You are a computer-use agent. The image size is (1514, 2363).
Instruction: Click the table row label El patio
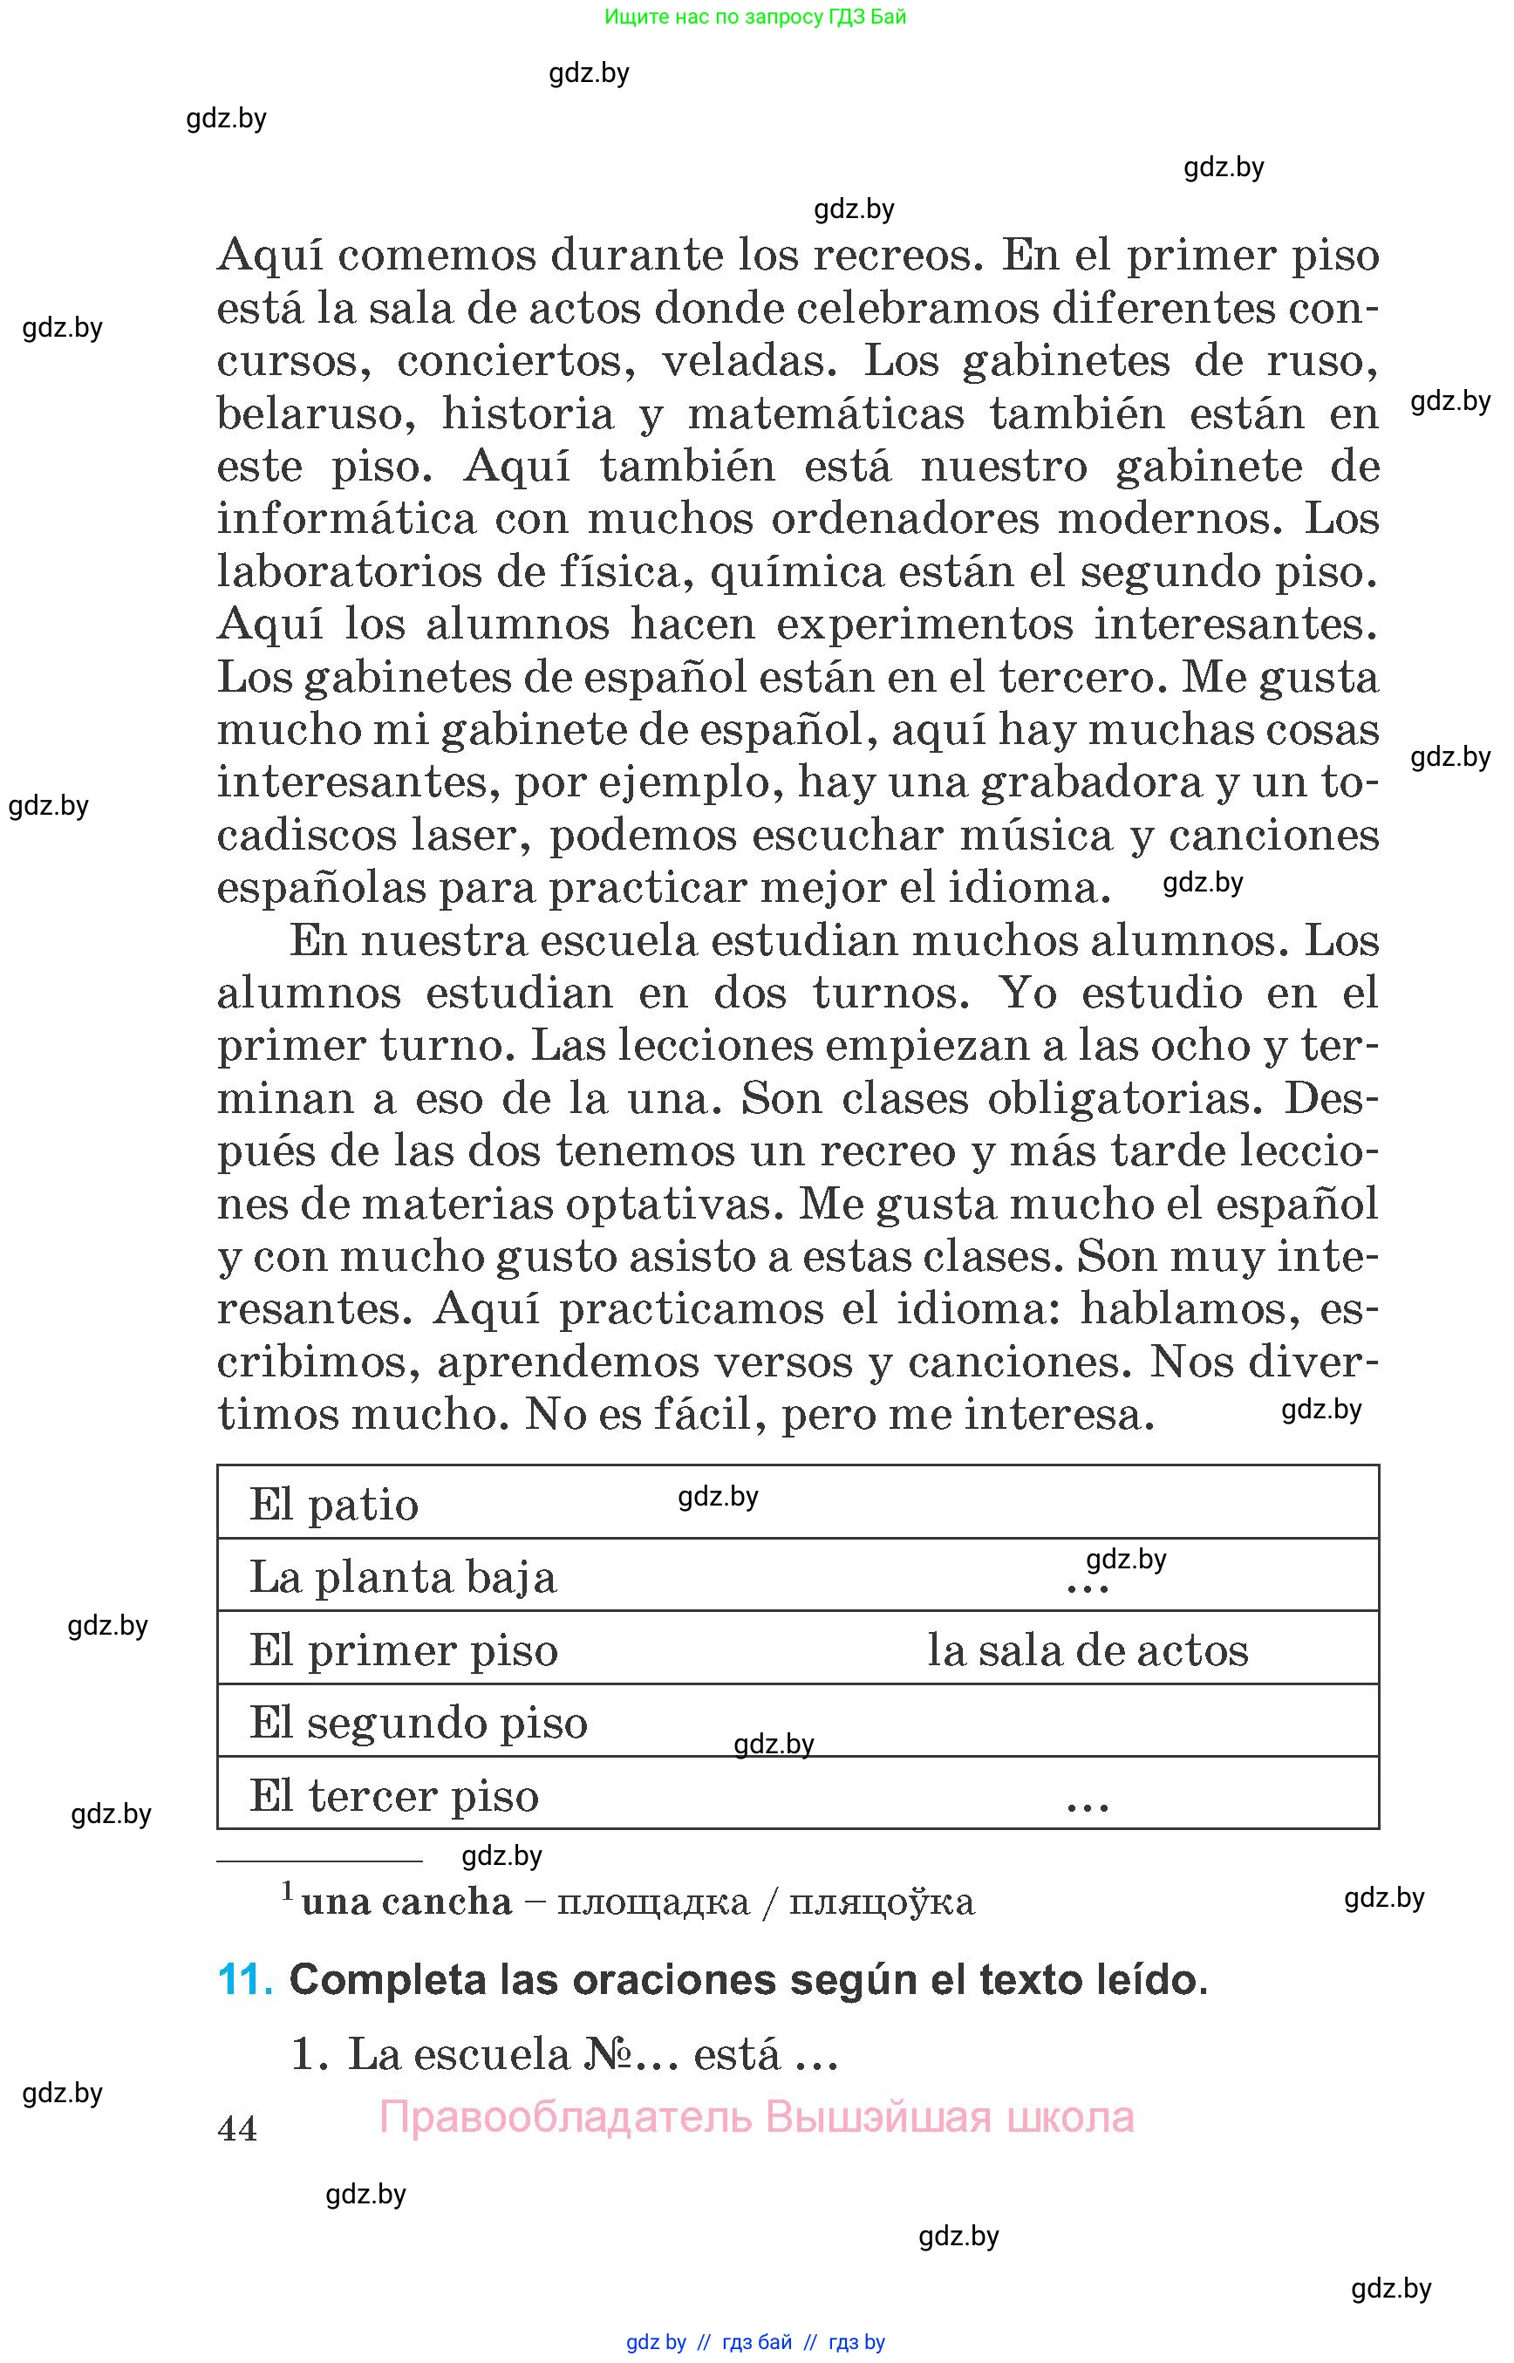[334, 1506]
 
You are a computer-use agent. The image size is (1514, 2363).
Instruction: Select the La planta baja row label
[403, 1578]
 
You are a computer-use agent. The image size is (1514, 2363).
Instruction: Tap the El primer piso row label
[403, 1651]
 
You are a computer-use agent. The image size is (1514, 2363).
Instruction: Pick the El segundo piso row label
[418, 1723]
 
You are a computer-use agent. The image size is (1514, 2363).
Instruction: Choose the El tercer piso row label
[394, 1797]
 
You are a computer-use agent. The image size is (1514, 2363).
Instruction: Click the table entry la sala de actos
[1088, 1651]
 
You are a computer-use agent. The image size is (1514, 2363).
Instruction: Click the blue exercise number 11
[245, 1979]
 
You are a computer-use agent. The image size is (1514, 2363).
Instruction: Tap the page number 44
[238, 2129]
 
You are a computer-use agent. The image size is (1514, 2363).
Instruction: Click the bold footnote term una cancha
[407, 1902]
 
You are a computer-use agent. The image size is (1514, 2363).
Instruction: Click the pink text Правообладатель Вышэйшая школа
[756, 2117]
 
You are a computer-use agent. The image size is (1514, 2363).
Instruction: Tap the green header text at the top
[755, 17]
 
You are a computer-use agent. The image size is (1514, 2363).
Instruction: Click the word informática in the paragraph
[346, 518]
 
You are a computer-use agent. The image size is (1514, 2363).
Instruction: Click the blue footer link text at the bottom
[755, 2342]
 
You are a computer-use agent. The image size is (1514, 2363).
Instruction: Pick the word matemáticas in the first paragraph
[826, 414]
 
